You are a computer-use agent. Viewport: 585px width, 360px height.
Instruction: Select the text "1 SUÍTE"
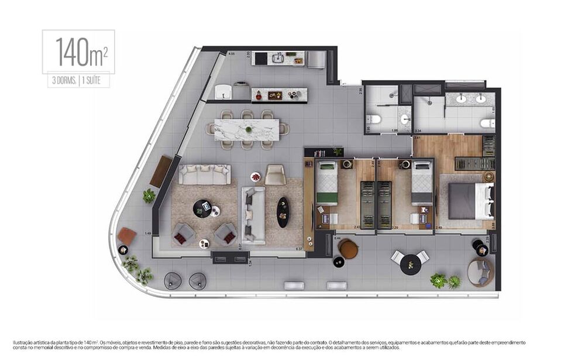click(94, 81)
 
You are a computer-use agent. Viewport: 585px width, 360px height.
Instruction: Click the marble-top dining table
click(247, 129)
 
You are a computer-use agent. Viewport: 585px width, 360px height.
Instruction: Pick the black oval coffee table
click(283, 211)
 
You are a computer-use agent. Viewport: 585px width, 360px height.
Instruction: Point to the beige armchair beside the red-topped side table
click(275, 174)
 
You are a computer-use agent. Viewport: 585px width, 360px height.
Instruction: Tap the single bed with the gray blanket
click(422, 183)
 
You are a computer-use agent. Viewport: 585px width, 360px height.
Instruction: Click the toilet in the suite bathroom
click(486, 123)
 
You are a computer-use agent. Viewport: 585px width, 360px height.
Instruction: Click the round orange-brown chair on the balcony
click(348, 249)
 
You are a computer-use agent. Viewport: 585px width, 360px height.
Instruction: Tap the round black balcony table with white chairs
click(411, 263)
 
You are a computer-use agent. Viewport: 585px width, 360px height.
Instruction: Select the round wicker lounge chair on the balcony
click(480, 272)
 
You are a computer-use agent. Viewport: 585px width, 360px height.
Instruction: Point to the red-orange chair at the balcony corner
click(126, 236)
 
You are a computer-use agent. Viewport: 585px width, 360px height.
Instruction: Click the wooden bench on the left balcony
click(161, 171)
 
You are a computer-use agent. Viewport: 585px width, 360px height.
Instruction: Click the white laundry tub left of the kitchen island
click(223, 92)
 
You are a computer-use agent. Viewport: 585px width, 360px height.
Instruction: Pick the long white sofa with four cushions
click(204, 174)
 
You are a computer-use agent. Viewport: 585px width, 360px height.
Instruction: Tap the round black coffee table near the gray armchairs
click(202, 208)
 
